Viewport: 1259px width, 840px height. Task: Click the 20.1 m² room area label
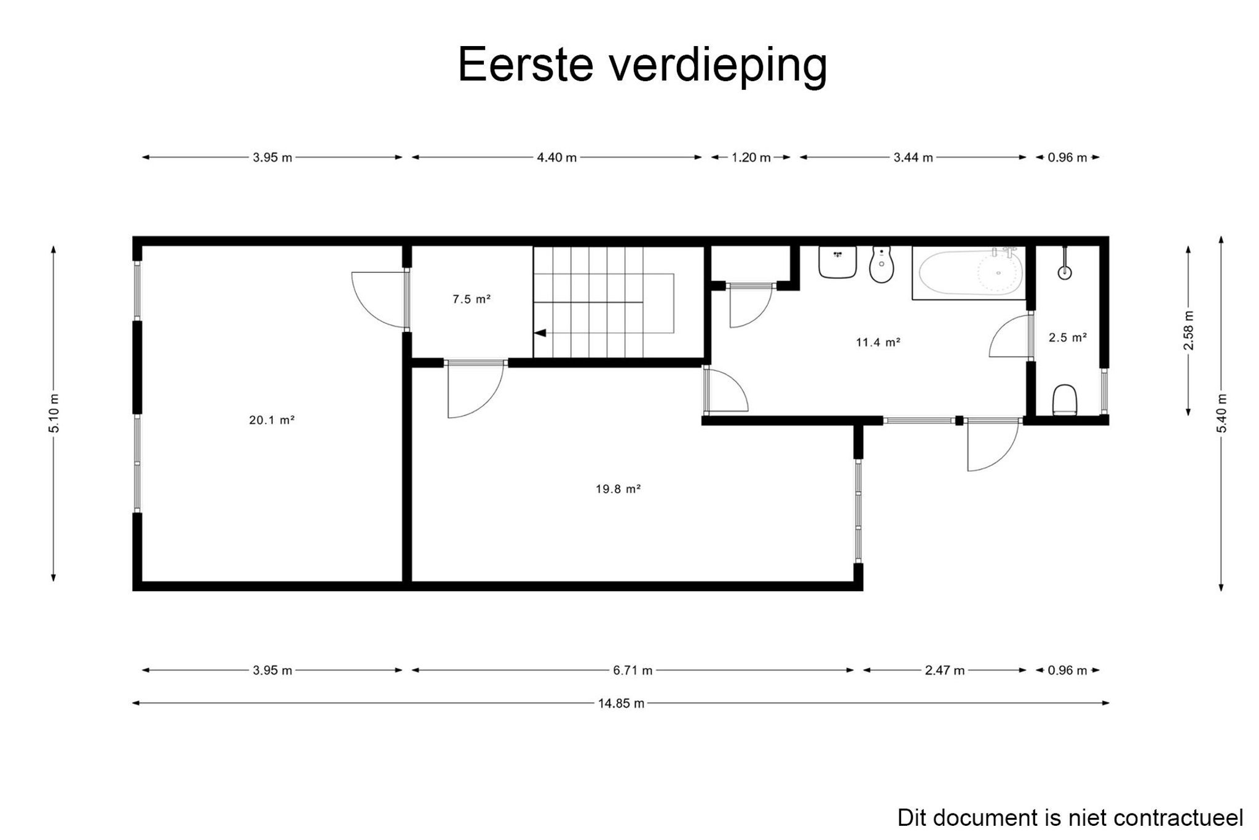click(x=272, y=420)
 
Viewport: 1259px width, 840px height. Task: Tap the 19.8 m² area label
click(x=618, y=489)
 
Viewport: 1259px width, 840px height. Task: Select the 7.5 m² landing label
click(x=472, y=299)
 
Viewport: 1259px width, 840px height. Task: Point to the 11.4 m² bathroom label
click(x=878, y=342)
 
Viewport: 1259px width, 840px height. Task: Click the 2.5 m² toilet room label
click(x=1068, y=337)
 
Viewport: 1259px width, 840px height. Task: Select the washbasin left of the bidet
click(x=837, y=262)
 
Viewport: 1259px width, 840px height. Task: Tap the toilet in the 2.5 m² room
click(x=1065, y=401)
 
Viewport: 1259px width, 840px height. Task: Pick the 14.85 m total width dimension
click(x=621, y=703)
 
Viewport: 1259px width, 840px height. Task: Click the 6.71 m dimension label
click(x=633, y=670)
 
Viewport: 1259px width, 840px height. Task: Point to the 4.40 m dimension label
click(x=556, y=157)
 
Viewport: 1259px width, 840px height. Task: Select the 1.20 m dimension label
click(x=751, y=157)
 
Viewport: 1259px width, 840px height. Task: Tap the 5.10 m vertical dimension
click(x=54, y=413)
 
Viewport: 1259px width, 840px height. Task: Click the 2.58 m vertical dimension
click(x=1188, y=331)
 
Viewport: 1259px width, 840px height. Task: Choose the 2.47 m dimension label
click(x=944, y=670)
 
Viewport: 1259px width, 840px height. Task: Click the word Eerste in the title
click(x=525, y=64)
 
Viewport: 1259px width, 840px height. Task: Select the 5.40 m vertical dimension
click(x=1221, y=413)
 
